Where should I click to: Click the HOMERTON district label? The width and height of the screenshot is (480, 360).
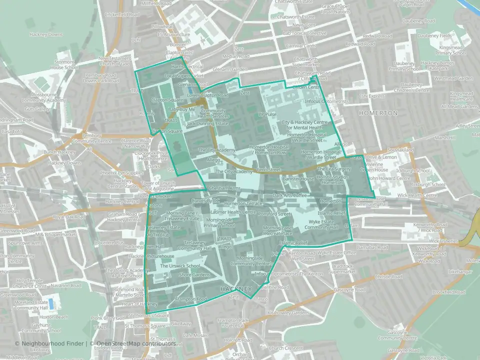coord(379,113)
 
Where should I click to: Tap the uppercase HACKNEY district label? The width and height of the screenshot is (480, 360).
coord(236,289)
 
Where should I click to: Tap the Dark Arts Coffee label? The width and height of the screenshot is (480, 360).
coord(289,195)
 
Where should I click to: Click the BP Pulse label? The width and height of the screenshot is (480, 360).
coord(267,114)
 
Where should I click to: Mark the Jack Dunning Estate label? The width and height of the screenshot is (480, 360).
coord(207,123)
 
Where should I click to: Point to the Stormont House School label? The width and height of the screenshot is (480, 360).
coord(65,65)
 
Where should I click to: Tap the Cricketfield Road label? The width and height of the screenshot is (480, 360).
coord(122,15)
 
